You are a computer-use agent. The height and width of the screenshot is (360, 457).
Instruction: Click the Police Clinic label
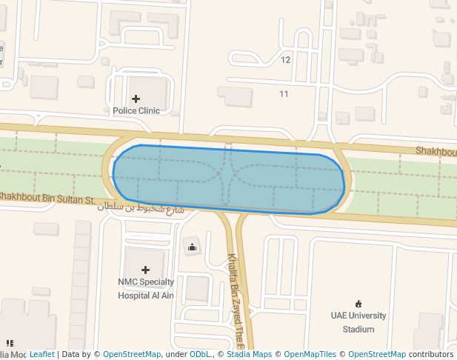pyautogui.click(x=136, y=111)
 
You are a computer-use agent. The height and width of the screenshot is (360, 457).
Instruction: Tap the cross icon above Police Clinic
pyautogui.click(x=136, y=99)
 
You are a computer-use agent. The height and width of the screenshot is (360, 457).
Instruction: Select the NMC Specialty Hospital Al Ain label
pyautogui.click(x=145, y=288)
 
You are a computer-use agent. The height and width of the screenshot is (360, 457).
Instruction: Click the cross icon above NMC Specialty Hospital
pyautogui.click(x=145, y=270)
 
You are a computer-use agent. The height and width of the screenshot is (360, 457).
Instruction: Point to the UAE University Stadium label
pyautogui.click(x=358, y=322)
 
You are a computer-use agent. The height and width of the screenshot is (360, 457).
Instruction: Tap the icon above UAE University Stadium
pyautogui.click(x=358, y=304)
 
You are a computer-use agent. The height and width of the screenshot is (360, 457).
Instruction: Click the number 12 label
pyautogui.click(x=286, y=59)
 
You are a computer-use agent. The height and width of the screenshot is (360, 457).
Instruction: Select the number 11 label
pyautogui.click(x=284, y=94)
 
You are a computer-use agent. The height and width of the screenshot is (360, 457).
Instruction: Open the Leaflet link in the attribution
pyautogui.click(x=41, y=355)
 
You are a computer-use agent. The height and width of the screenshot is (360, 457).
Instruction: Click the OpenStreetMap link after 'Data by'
pyautogui.click(x=132, y=355)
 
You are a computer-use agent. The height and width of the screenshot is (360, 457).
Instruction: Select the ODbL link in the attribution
pyautogui.click(x=200, y=355)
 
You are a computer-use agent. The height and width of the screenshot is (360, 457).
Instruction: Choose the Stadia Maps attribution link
pyautogui.click(x=250, y=355)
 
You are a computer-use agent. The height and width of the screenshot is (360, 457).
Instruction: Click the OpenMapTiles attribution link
pyautogui.click(x=310, y=355)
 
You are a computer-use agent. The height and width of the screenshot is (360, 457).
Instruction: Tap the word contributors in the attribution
pyautogui.click(x=430, y=355)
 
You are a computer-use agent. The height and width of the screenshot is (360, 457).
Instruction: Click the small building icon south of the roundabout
pyautogui.click(x=193, y=247)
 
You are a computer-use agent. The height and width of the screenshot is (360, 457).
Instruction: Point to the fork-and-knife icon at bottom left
pyautogui.click(x=10, y=343)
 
